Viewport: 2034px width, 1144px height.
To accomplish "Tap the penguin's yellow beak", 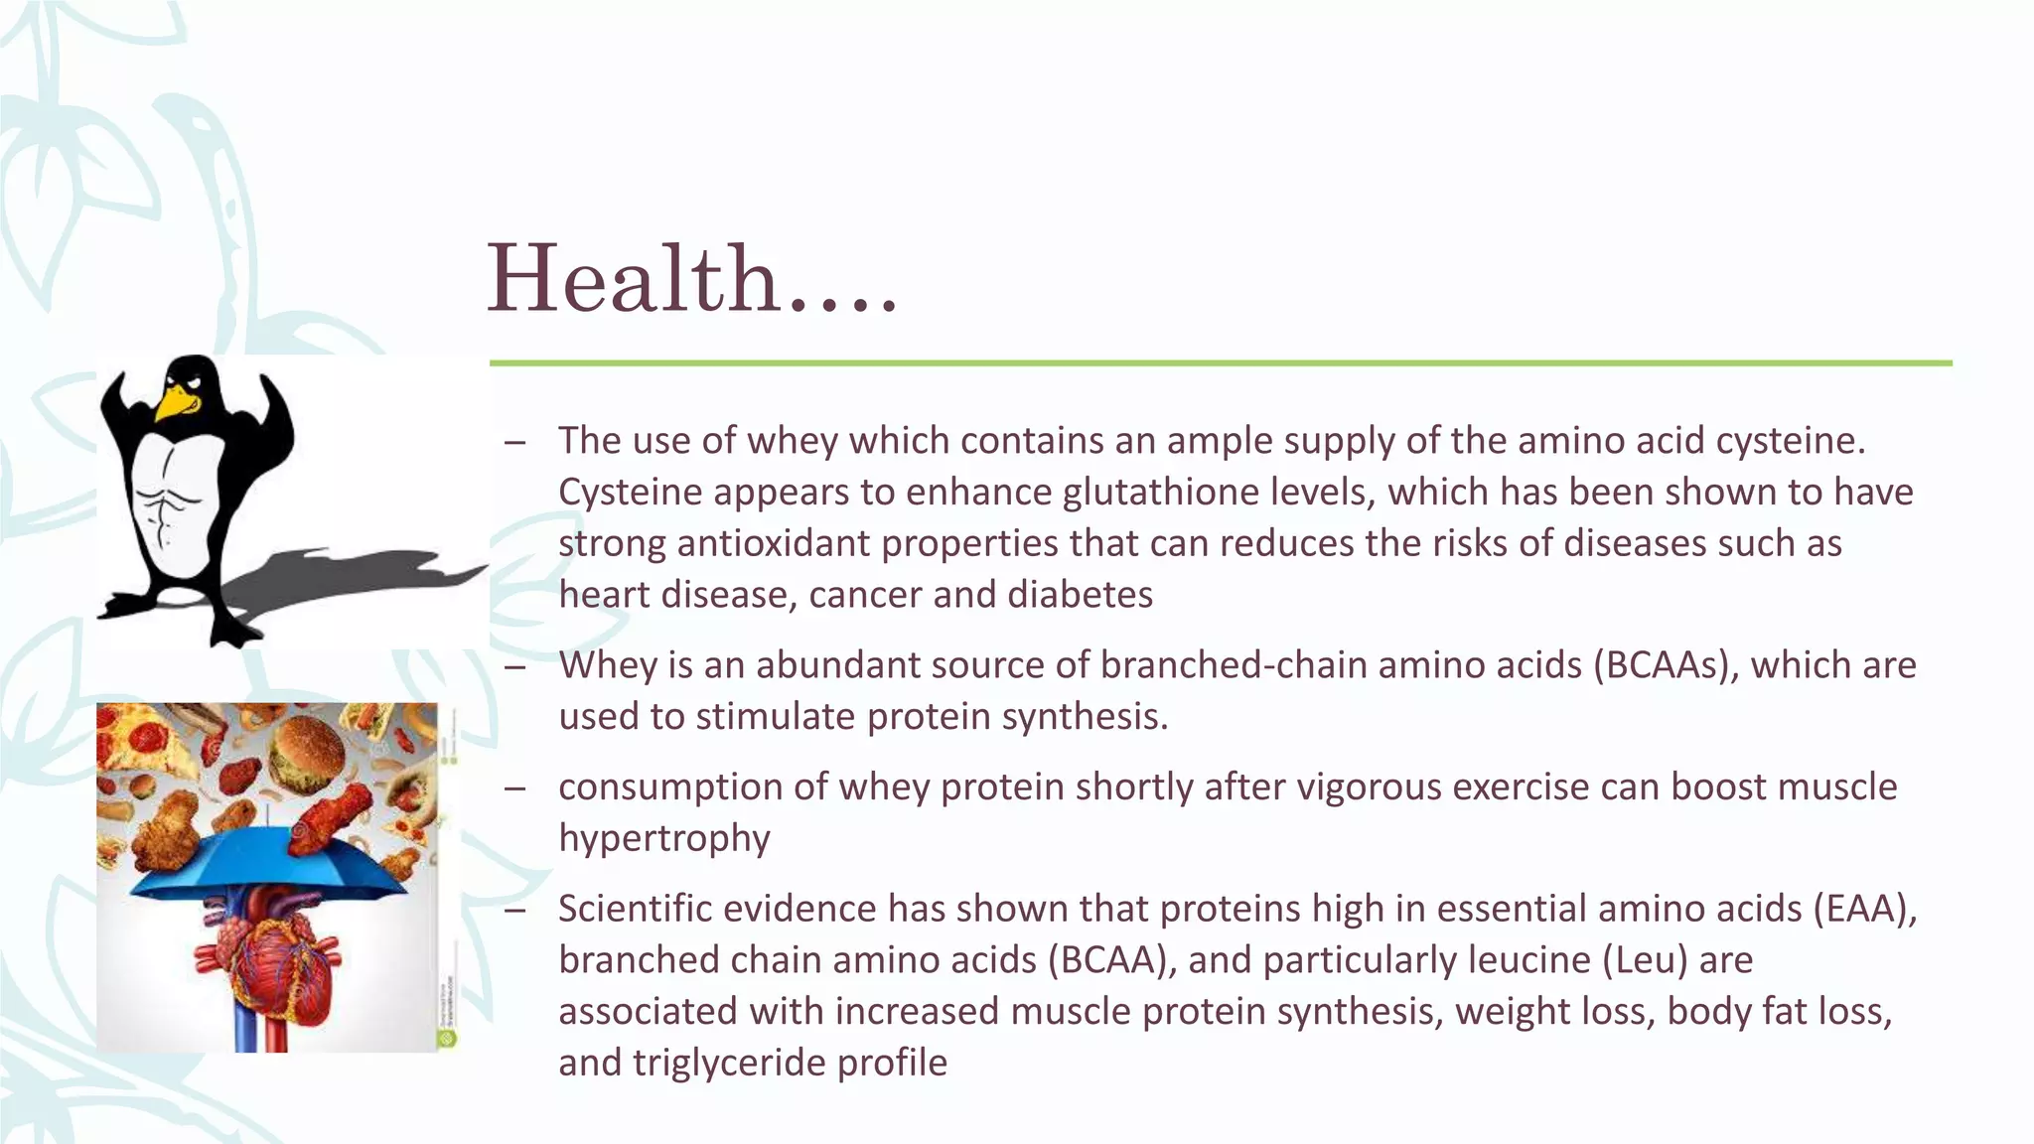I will pos(176,400).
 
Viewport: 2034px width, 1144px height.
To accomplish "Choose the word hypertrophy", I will pos(663,838).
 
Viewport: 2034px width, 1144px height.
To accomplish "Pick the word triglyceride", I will pos(729,1063).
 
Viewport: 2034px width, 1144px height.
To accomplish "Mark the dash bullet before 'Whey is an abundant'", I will pos(514,666).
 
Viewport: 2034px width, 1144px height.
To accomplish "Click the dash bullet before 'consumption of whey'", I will pos(514,788).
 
